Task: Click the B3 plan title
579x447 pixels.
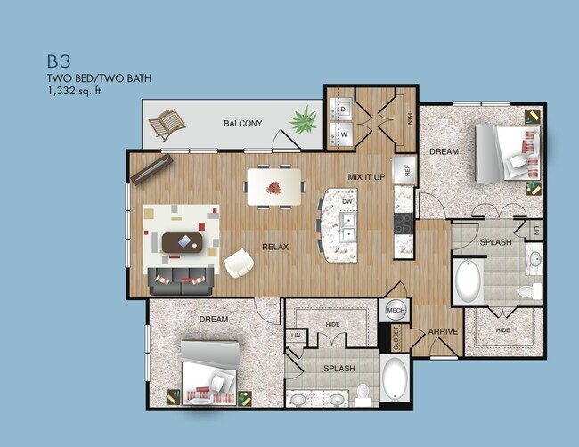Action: (x=59, y=61)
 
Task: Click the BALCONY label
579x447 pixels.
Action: (x=242, y=123)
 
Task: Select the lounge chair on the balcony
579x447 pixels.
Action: (x=167, y=125)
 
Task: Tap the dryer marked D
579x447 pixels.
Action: (x=343, y=110)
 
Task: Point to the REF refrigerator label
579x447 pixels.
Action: (x=406, y=171)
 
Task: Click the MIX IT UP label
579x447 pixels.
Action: (x=366, y=177)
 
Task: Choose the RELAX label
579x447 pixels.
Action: (x=274, y=246)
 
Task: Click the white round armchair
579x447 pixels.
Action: (x=239, y=263)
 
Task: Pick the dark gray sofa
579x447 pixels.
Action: (x=181, y=281)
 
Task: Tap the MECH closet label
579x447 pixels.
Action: (x=396, y=310)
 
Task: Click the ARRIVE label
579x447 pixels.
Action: (x=443, y=332)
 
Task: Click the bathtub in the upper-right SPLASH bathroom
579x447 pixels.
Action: (x=468, y=281)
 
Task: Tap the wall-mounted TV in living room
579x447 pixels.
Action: (x=151, y=168)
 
